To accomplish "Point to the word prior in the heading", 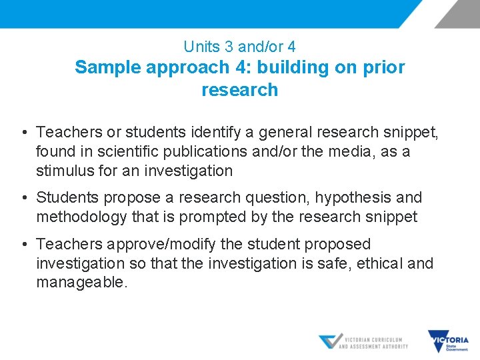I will pos(384,67).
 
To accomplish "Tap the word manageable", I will pos(81,283).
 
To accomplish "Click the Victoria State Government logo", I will pos(448,341).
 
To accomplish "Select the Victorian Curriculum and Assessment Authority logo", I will pos(363,342).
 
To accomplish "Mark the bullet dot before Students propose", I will pos(25,198).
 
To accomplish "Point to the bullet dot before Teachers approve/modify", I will pos(25,245).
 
